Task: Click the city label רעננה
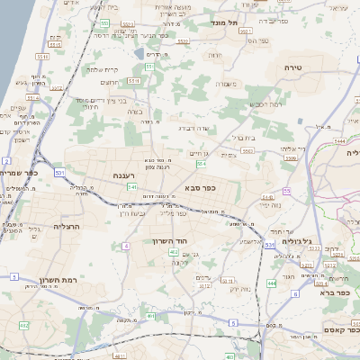click(x=123, y=175)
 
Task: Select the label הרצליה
click(x=67, y=226)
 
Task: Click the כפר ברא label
click(x=332, y=292)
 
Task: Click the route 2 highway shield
click(x=6, y=159)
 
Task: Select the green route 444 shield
click(x=271, y=283)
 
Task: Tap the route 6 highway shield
click(x=296, y=293)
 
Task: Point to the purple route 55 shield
click(x=287, y=191)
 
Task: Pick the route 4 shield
click(x=126, y=245)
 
